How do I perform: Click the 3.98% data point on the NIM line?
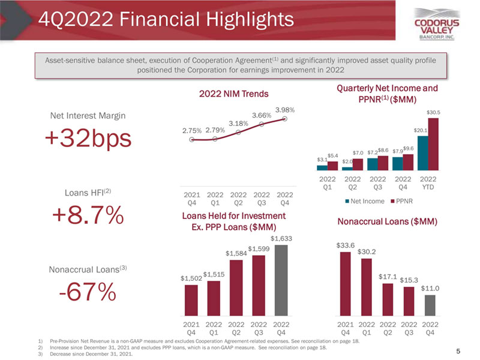pyautogui.click(x=285, y=118)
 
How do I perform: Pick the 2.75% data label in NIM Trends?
pyautogui.click(x=192, y=130)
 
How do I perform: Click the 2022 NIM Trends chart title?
pyautogui.click(x=238, y=94)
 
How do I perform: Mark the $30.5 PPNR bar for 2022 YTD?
pyautogui.click(x=433, y=143)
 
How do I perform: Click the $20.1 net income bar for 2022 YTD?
pyautogui.click(x=423, y=152)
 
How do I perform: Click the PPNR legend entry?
pyautogui.click(x=398, y=200)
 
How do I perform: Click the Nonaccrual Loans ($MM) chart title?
pyautogui.click(x=388, y=222)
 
